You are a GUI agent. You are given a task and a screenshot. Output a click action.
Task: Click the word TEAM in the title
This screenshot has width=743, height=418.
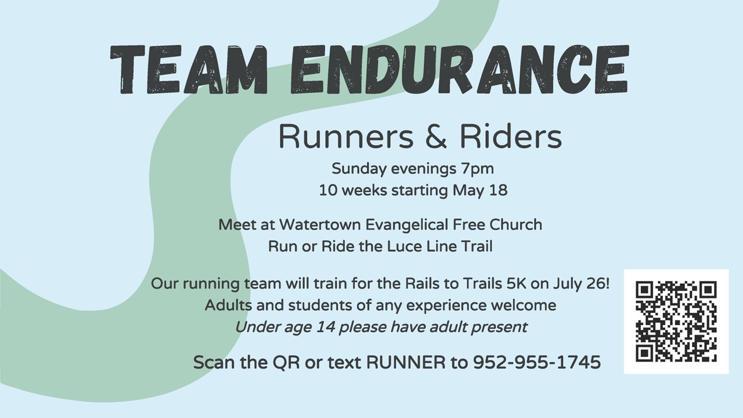tap(189, 69)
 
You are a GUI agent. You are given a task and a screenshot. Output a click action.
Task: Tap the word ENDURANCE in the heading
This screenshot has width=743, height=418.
tap(460, 69)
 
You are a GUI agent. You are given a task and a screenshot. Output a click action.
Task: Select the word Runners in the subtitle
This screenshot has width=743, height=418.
tap(347, 136)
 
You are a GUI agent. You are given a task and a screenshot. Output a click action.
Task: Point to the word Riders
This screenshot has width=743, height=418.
tap(511, 136)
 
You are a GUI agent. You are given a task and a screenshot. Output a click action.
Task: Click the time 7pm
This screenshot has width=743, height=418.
tap(477, 169)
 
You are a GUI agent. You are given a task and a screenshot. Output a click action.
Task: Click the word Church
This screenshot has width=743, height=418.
tap(516, 225)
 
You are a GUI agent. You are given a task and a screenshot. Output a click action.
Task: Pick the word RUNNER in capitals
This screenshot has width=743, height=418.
tap(406, 362)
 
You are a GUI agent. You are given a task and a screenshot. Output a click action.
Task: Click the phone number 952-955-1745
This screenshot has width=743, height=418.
tap(537, 362)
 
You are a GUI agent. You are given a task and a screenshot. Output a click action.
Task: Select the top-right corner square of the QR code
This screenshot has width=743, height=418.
tap(708, 290)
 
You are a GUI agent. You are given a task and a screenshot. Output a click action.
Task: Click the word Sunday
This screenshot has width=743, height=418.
tap(359, 169)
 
